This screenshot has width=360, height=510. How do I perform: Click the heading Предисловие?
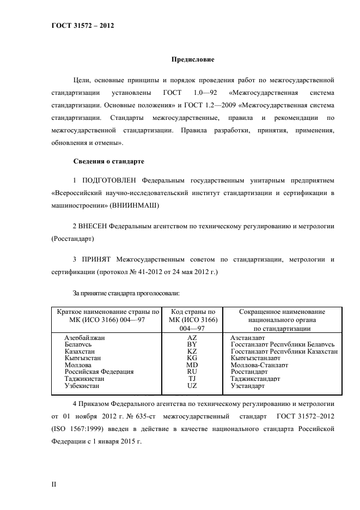(193, 59)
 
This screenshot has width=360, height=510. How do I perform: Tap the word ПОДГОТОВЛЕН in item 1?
(109, 180)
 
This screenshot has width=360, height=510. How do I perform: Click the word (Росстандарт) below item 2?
(72, 239)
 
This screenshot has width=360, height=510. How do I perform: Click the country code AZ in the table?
(192, 338)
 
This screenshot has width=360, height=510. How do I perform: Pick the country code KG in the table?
(192, 358)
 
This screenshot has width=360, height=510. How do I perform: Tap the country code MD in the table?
(192, 365)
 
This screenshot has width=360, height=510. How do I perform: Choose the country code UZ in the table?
(192, 385)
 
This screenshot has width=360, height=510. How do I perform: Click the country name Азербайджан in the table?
(84, 338)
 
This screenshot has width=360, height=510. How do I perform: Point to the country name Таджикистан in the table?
(84, 378)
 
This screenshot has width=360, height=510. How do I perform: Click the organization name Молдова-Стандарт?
(259, 365)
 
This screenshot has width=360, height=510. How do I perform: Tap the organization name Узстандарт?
(248, 385)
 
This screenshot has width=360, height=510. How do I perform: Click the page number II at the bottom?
(53, 483)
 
